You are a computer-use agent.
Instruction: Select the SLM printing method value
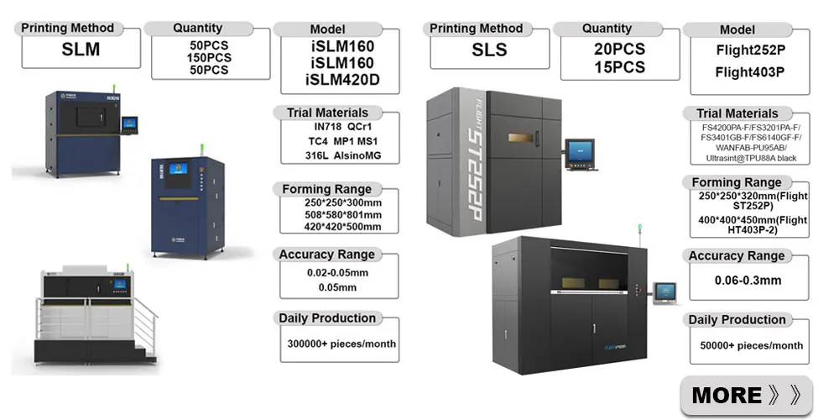click(81, 50)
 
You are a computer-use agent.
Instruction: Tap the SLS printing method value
click(489, 50)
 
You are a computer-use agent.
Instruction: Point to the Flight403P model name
click(749, 72)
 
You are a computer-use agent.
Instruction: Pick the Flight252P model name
click(749, 50)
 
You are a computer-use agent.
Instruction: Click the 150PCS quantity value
click(209, 58)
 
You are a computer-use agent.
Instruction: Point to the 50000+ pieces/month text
click(751, 345)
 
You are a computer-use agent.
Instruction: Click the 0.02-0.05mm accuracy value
click(337, 273)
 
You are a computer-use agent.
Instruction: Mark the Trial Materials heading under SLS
click(737, 113)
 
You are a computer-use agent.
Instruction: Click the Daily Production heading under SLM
click(326, 318)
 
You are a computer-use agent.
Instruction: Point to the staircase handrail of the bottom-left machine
click(145, 315)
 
